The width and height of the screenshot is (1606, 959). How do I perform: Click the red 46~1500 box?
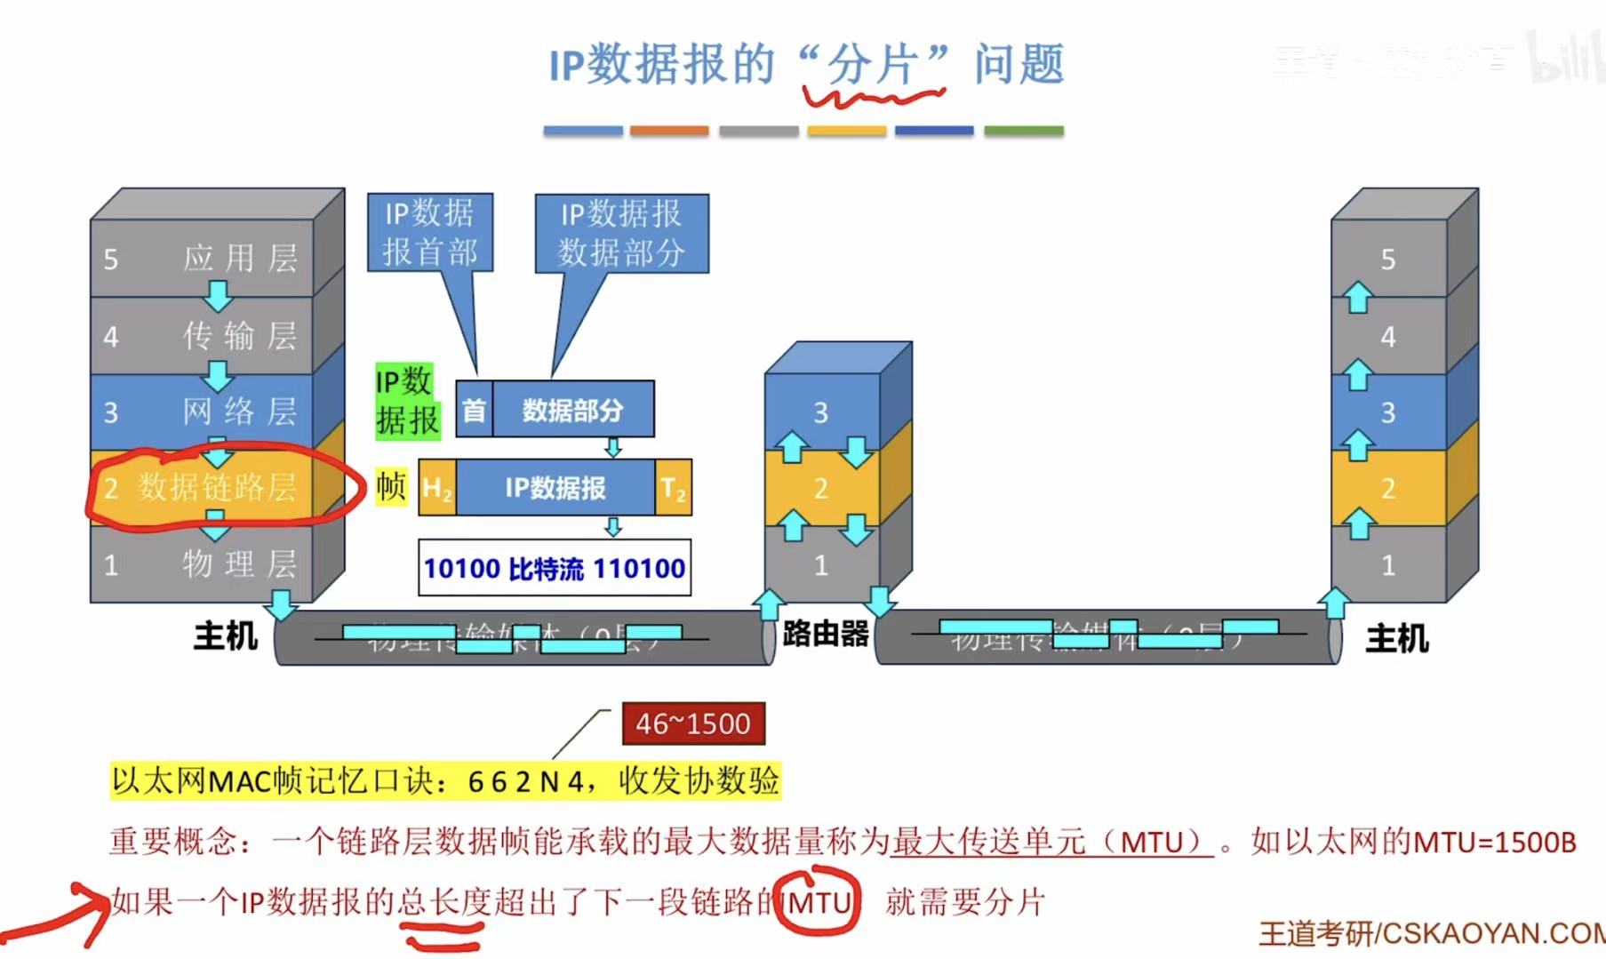[x=692, y=723]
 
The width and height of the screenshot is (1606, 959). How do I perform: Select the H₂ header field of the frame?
[x=436, y=487]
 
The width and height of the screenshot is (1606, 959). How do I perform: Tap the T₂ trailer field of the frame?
[x=673, y=487]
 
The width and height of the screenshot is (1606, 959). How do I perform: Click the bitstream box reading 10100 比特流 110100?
[x=555, y=568]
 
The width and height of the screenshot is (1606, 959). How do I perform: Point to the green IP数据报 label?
[x=407, y=401]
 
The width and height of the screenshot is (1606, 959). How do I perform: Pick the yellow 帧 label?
[x=391, y=486]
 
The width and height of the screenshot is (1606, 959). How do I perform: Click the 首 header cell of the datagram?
[x=474, y=410]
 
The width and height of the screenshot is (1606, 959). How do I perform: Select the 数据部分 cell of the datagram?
[x=573, y=410]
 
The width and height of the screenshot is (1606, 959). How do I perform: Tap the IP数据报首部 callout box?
[x=430, y=233]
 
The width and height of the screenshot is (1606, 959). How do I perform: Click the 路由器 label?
[x=825, y=634]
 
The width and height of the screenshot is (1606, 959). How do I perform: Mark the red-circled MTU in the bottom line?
[x=819, y=903]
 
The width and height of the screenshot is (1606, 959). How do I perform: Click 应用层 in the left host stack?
[x=240, y=259]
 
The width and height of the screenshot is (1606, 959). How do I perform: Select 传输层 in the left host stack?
[x=240, y=336]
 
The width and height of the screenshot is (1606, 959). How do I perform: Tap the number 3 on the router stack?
[x=820, y=412]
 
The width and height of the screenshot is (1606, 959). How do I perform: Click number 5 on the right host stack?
[x=1387, y=260]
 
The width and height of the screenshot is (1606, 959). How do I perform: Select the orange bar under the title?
[x=669, y=131]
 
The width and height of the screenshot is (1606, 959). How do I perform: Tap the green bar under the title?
[x=1023, y=131]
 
